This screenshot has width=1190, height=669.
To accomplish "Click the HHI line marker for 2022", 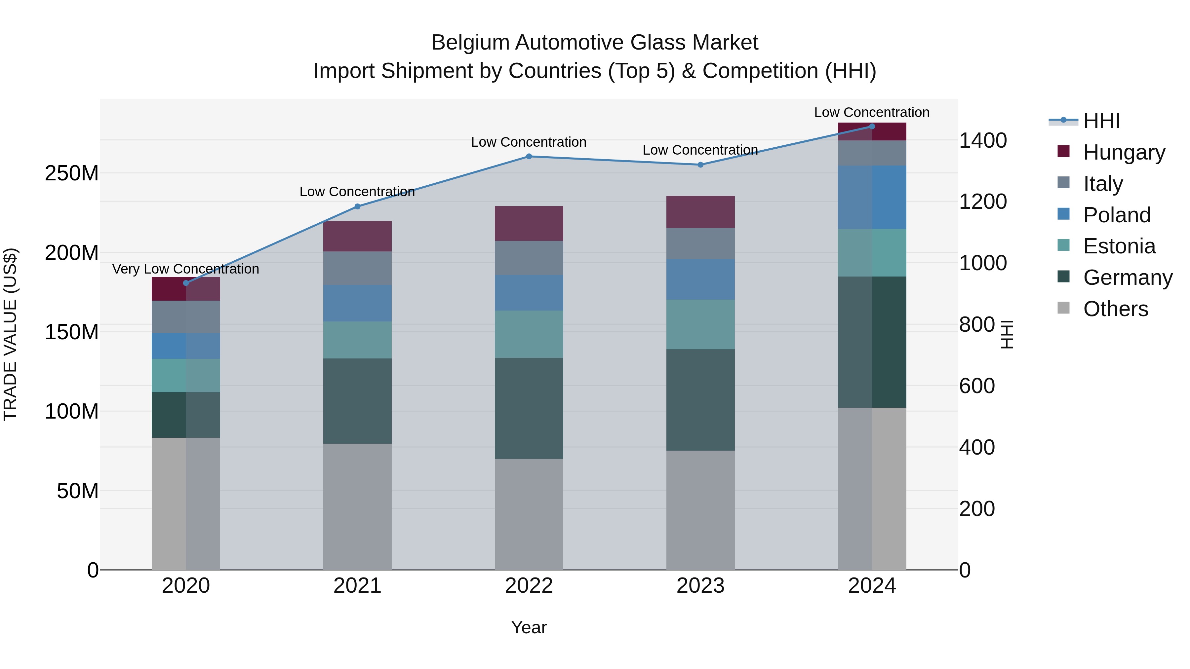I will tap(529, 157).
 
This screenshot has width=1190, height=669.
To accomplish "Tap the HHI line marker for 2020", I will tap(186, 283).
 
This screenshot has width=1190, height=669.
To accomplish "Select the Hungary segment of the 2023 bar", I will tap(700, 212).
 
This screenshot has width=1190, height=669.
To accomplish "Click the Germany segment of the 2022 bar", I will tap(529, 408).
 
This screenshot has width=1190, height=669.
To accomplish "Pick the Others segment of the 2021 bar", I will tap(357, 506).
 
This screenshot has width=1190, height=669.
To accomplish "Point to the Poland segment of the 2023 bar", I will tap(700, 279).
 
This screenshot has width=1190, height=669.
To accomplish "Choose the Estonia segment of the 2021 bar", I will tap(357, 340).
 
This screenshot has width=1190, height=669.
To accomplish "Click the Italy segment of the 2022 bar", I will tap(529, 258).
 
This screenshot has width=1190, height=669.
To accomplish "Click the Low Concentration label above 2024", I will tap(872, 112).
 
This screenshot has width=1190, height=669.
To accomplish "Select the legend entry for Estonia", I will tap(1119, 246).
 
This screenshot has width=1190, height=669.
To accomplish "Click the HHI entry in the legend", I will tap(1101, 121).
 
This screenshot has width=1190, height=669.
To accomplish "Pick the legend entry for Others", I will tap(1115, 309).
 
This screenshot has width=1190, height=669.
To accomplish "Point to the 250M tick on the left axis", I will tap(72, 173).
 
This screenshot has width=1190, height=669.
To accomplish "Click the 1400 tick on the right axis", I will tap(983, 140).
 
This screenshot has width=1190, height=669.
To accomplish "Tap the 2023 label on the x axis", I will tap(700, 586).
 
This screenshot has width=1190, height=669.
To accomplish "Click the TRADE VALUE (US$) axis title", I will tap(10, 334).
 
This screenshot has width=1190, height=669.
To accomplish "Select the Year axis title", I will tap(529, 627).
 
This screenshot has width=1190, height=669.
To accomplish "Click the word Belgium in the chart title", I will tap(470, 43).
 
